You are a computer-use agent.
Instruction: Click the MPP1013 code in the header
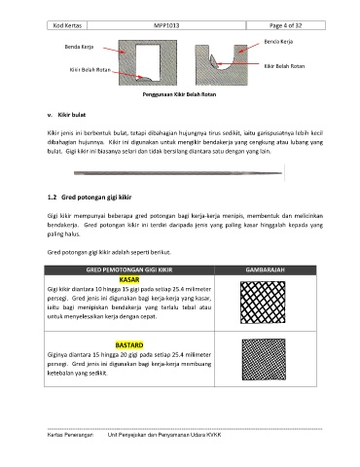(x=166, y=25)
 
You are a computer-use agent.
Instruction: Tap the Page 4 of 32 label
(x=285, y=25)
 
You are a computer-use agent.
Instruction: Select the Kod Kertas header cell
(x=67, y=25)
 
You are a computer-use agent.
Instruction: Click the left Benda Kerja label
(x=79, y=47)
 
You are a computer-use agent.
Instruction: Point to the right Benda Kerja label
(x=278, y=42)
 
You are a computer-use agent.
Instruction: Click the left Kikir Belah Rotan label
(x=90, y=70)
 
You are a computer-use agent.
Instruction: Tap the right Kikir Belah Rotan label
(x=284, y=66)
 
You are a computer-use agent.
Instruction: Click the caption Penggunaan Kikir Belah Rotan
(x=179, y=94)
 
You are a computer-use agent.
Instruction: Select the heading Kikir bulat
(x=72, y=115)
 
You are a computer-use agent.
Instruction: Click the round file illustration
(x=178, y=173)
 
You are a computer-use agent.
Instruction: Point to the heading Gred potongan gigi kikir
(x=96, y=198)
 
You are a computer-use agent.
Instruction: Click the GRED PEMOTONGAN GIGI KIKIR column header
(x=129, y=269)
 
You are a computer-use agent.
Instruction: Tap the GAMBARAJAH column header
(x=266, y=269)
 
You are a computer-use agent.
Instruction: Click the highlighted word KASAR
(x=129, y=279)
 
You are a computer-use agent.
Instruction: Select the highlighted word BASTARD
(x=129, y=345)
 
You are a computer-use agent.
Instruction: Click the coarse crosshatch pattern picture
(x=263, y=303)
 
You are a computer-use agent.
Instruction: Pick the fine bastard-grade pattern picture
(x=264, y=359)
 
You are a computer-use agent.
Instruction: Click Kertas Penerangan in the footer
(x=70, y=435)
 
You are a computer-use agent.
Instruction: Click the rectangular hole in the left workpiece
(x=148, y=62)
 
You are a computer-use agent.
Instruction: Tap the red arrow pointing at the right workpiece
(x=249, y=48)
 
